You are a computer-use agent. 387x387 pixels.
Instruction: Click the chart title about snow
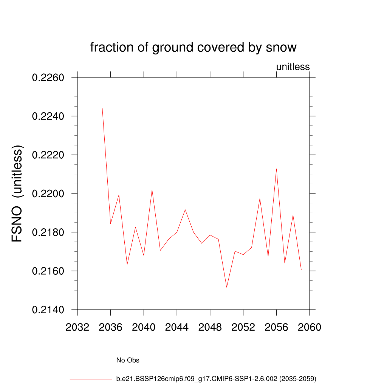193,48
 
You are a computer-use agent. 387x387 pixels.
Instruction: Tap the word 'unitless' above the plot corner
293,67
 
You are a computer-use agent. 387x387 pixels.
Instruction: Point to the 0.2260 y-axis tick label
49,78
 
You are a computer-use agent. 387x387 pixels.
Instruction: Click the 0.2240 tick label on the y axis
49,116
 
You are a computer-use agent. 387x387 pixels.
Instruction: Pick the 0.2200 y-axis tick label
49,194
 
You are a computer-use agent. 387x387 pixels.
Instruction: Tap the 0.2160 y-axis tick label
49,271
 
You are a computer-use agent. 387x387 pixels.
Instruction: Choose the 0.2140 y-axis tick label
49,310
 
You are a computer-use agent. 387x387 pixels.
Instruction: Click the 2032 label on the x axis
77,327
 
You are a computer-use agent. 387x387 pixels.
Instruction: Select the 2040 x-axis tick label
144,327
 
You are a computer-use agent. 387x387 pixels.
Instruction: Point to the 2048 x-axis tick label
210,327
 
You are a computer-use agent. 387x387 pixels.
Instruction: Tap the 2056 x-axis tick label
276,327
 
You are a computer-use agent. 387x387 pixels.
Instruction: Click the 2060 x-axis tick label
310,327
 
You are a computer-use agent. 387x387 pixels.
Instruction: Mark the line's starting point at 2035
102,108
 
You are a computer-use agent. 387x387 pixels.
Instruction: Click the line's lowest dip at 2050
227,287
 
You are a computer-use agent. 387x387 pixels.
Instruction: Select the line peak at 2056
276,169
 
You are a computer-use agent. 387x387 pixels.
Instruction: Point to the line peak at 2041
152,190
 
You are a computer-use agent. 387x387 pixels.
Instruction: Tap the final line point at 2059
301,270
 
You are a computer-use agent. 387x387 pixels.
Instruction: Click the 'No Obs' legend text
128,360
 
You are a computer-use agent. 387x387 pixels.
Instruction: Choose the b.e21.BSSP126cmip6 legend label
216,378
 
